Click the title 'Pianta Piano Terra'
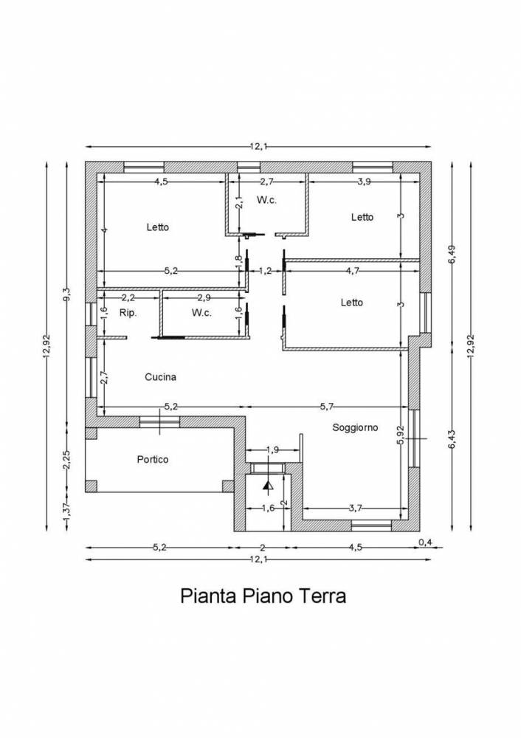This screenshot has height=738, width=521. tap(263, 596)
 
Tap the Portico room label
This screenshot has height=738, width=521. tap(153, 459)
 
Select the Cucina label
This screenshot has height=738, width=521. tap(160, 377)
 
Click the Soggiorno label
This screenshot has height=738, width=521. tap(356, 428)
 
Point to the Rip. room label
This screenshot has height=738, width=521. tap(128, 313)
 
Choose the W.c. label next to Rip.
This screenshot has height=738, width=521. tap(201, 313)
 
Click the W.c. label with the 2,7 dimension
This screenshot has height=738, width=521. tap(266, 200)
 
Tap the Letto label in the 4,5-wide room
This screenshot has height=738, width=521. tap(158, 227)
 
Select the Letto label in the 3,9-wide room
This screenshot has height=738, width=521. tap(362, 217)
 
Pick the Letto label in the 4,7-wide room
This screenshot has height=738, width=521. tap(352, 303)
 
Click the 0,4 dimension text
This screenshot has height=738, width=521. tap(425, 542)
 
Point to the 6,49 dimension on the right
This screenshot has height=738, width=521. tap(452, 254)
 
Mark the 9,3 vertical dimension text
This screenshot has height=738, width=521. tap(67, 294)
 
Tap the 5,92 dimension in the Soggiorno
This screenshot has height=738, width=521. tap(401, 435)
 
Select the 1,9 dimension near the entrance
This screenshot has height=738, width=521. tap(272, 450)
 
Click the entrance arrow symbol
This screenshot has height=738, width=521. tap(269, 486)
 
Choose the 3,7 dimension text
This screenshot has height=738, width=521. tap(356, 508)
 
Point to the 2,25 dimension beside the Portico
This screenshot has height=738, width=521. tap(67, 459)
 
